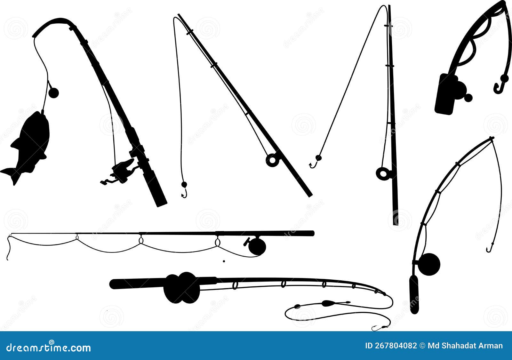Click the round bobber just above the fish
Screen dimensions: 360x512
coord(53,92)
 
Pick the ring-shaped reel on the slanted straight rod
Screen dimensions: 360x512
coord(272,160)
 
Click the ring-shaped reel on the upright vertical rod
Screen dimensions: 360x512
coord(382,173)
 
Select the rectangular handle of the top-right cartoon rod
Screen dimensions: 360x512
coord(445,94)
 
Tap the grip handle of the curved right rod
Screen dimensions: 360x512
coord(414,294)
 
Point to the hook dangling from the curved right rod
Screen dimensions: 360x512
coord(489,248)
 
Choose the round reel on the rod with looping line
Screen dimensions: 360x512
coord(257,246)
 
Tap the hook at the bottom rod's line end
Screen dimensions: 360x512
coord(376,328)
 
